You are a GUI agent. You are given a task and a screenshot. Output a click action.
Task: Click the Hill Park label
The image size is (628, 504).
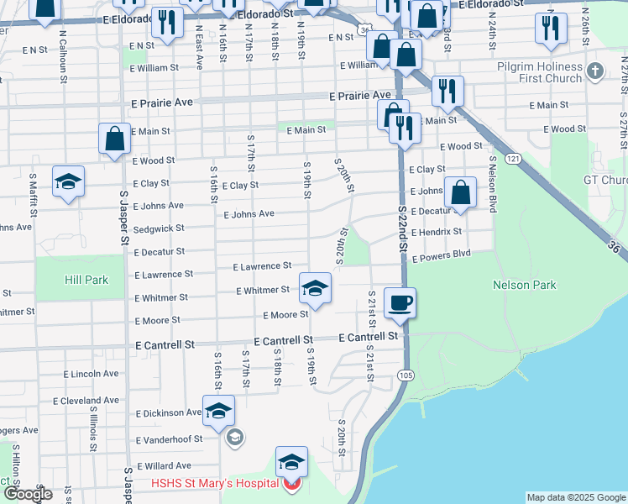[x=86, y=280]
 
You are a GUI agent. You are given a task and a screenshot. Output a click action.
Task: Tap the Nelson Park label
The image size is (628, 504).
[x=525, y=285]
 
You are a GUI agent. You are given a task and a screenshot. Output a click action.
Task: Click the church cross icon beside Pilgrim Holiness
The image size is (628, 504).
[x=596, y=71]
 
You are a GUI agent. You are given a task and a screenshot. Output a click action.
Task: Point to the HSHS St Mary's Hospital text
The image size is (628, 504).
[x=214, y=483]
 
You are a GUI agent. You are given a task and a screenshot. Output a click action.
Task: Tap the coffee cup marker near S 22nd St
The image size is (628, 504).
[x=400, y=302]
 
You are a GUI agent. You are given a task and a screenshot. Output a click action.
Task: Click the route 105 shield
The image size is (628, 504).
[x=406, y=374]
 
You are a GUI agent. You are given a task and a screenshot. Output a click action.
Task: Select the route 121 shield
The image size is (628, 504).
[x=511, y=158]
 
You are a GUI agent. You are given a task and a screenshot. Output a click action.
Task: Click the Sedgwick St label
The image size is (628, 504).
[x=158, y=228]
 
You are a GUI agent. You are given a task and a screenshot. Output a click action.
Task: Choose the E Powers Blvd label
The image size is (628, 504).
[x=440, y=255]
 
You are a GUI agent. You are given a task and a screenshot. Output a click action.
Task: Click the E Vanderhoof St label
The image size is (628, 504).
[x=168, y=438]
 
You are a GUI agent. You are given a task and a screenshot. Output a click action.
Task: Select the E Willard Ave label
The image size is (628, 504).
[x=161, y=465]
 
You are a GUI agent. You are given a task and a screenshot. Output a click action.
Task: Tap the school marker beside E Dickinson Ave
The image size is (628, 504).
[x=218, y=412]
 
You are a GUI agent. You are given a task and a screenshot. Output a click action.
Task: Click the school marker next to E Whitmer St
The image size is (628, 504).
[x=316, y=288]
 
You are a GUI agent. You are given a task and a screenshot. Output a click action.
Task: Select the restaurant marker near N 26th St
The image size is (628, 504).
[x=551, y=27]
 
